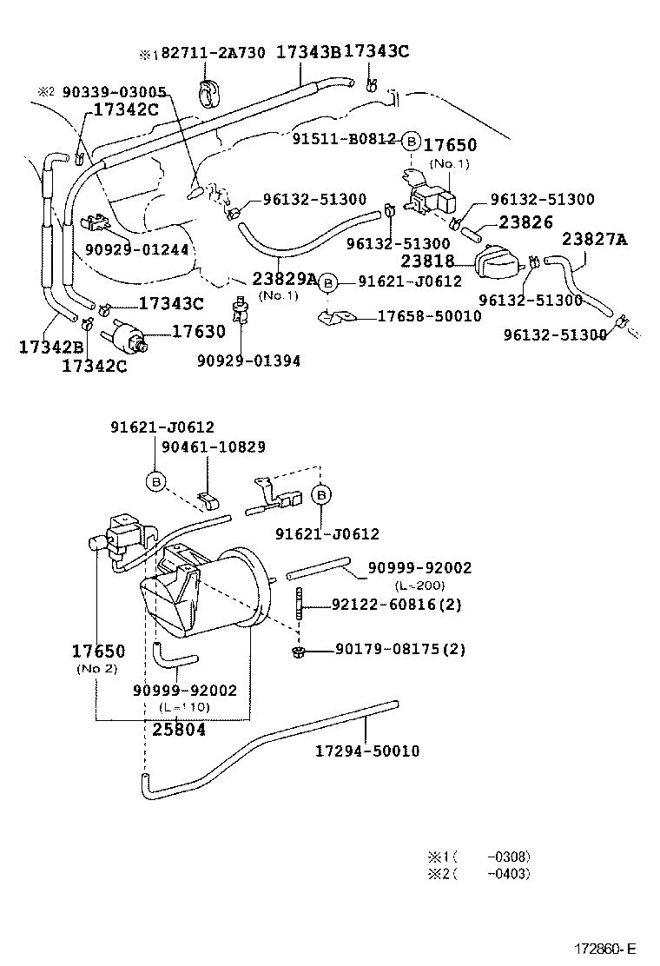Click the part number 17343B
click(x=308, y=53)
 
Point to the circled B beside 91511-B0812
click(x=412, y=141)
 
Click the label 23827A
click(x=594, y=240)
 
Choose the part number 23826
click(x=525, y=222)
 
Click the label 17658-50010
click(x=429, y=316)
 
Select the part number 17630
click(x=198, y=331)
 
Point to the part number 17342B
click(x=50, y=347)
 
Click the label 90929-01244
click(x=136, y=250)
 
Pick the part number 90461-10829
click(x=214, y=447)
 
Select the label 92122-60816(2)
click(x=396, y=605)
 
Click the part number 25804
click(x=179, y=730)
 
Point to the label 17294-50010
click(x=367, y=751)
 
